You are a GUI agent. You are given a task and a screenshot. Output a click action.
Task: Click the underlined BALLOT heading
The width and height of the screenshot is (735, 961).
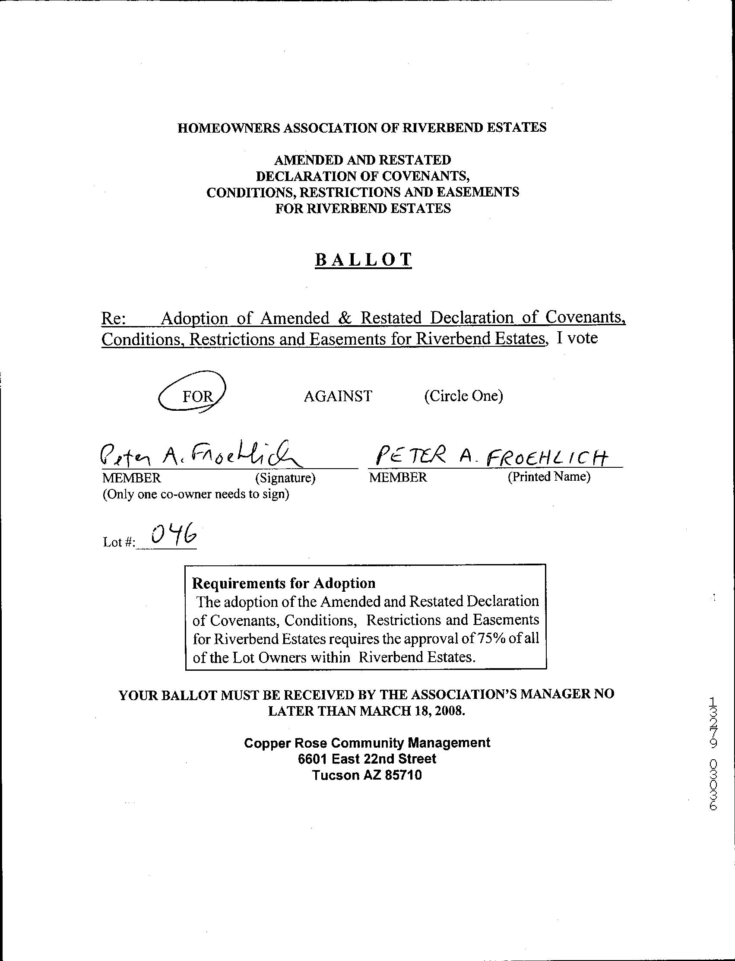363,260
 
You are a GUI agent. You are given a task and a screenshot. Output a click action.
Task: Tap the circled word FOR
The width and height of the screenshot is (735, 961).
197,396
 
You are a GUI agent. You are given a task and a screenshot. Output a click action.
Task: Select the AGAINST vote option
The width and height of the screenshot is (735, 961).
338,396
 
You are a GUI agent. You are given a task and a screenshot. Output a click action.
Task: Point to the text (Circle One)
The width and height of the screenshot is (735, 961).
463,396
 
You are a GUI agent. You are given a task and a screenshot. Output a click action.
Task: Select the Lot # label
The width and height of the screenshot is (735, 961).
118,542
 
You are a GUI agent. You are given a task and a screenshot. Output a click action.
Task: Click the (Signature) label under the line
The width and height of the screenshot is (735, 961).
285,477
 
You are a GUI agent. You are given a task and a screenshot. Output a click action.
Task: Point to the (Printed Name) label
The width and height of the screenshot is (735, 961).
548,476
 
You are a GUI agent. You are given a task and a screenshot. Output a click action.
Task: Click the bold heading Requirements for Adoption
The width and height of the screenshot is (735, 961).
284,584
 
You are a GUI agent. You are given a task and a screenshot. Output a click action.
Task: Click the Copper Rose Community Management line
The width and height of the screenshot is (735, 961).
367,742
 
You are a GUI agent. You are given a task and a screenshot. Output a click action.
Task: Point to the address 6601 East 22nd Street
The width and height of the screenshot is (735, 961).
367,759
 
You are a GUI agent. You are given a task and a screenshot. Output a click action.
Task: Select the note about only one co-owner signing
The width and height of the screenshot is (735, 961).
196,495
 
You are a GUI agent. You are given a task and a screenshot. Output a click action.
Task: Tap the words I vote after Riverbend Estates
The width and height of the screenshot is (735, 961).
576,338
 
